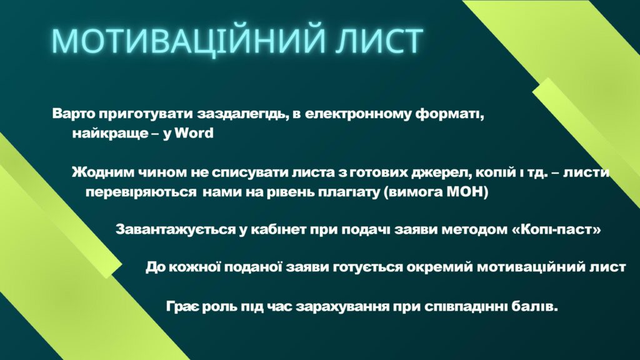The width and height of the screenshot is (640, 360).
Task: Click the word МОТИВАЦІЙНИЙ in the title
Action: click(189, 41)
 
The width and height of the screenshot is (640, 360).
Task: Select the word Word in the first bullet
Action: click(194, 133)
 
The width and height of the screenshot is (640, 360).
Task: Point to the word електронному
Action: click(358, 114)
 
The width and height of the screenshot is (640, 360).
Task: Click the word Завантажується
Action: click(176, 230)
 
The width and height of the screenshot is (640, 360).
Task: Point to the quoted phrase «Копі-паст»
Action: click(556, 230)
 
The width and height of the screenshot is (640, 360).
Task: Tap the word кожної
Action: click(194, 267)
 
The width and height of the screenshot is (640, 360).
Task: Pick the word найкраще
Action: click(110, 134)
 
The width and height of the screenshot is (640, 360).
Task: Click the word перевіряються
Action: click(141, 192)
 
